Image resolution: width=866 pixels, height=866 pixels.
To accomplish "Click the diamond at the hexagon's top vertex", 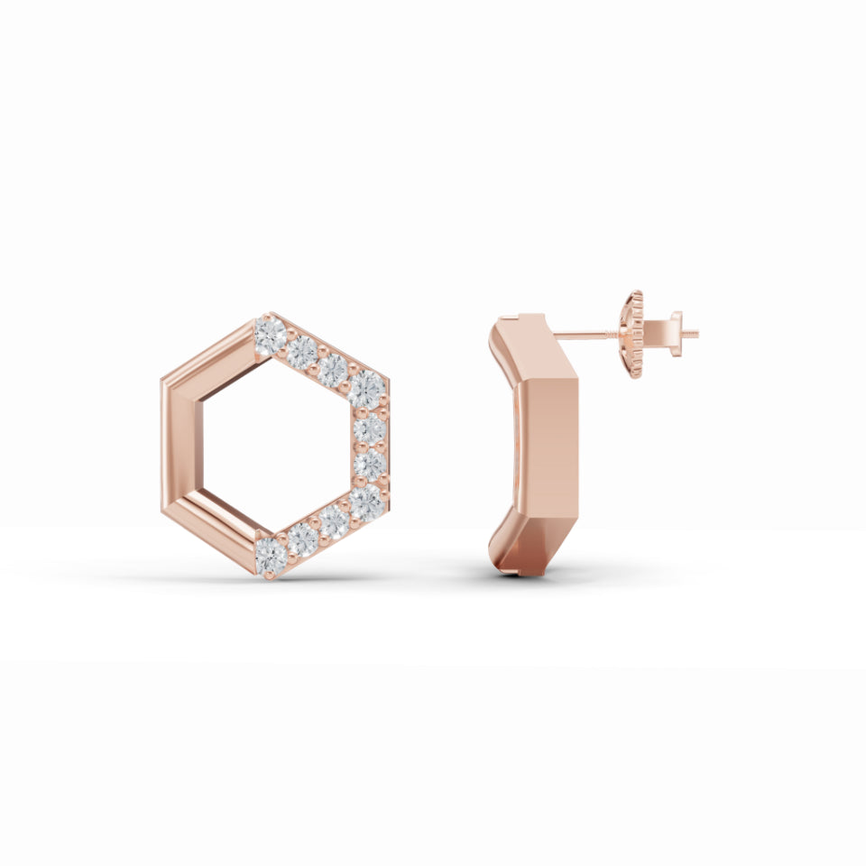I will (270, 336).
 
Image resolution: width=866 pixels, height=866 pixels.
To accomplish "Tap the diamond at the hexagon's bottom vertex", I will (270, 555).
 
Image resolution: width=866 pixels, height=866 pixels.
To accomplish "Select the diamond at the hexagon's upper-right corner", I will (366, 389).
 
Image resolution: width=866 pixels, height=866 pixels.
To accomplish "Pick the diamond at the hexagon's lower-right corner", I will (366, 502).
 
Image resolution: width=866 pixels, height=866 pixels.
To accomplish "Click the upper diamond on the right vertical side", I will (369, 428).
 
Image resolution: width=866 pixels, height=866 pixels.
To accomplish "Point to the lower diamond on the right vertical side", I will (369, 465).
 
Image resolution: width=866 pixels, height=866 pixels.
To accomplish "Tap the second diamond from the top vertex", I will (302, 352).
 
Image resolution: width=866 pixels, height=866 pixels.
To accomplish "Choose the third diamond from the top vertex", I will (334, 369).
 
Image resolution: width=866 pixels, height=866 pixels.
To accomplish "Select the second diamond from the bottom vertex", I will (302, 539).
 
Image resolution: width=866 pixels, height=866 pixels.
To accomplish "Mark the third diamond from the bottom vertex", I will (334, 521).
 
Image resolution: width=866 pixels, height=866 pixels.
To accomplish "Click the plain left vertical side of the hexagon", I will (180, 445).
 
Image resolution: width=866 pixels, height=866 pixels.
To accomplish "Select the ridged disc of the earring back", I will (636, 335).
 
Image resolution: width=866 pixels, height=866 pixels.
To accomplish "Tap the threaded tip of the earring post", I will (692, 335).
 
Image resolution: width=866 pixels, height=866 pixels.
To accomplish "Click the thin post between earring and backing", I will (586, 335).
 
